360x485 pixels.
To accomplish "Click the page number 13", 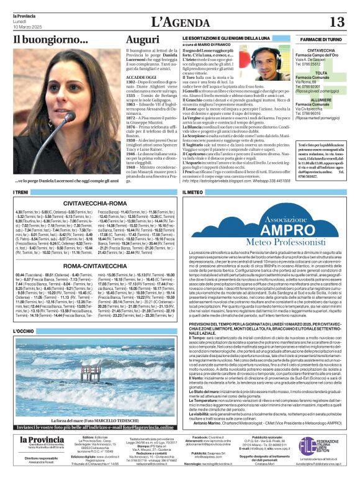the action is coord(337,22).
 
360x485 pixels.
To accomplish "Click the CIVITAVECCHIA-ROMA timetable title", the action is coord(94,202).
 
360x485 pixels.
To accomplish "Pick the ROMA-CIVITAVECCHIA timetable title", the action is coord(94,265).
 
